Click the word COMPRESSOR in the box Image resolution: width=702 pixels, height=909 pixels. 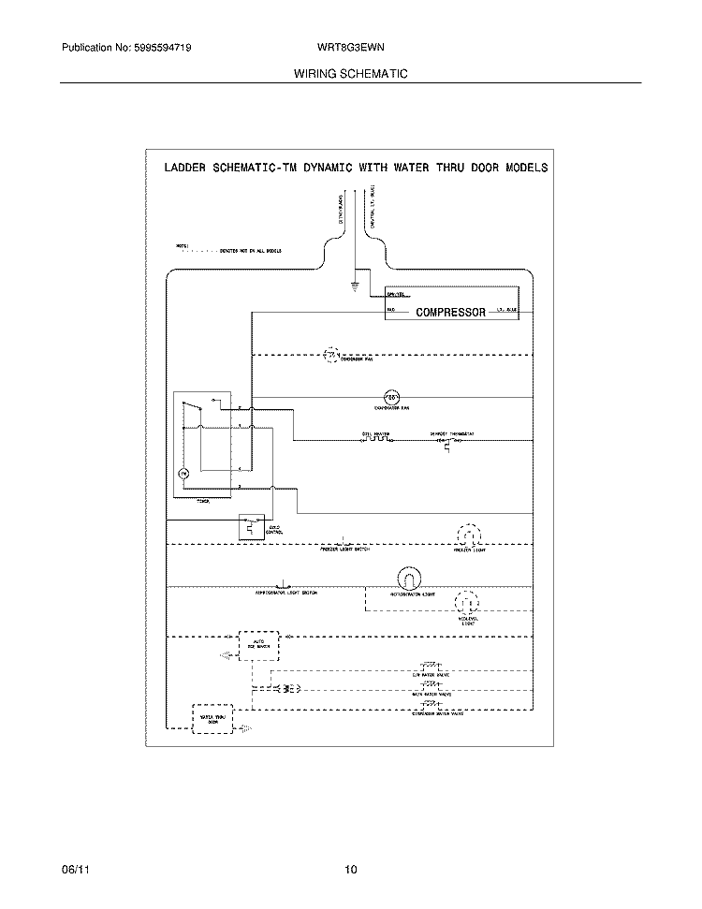click(450, 313)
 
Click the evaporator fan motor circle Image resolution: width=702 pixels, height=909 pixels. click(393, 396)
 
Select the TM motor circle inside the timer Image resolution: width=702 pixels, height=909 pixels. click(184, 475)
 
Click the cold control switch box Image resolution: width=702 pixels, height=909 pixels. click(251, 526)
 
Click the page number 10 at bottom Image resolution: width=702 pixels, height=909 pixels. click(350, 870)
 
